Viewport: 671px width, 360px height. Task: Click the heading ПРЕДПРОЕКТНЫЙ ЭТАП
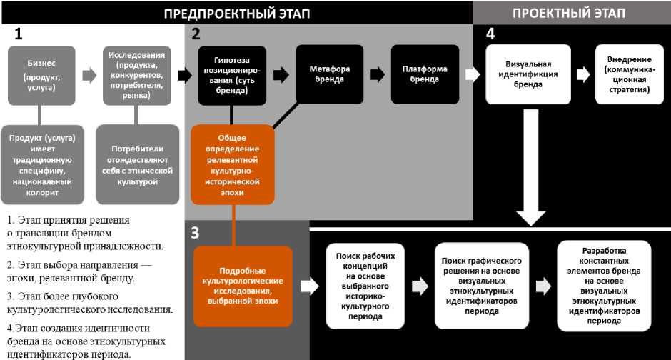(x=238, y=13)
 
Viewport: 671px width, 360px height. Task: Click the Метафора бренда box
(x=329, y=74)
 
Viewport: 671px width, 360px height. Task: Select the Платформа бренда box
(x=425, y=74)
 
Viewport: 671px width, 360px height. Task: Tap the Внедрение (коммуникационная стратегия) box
(x=625, y=74)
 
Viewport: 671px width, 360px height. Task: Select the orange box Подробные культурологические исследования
(x=243, y=286)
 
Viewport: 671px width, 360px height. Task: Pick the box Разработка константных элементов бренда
(x=604, y=286)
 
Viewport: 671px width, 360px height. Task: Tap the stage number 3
(x=196, y=231)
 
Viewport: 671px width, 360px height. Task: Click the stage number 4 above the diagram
(x=490, y=34)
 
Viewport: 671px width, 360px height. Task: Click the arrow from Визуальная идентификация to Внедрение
(x=582, y=74)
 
